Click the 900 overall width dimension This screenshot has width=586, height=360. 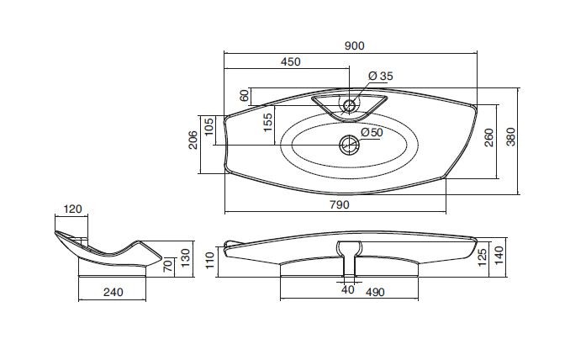click(354, 45)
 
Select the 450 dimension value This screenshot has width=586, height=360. click(290, 61)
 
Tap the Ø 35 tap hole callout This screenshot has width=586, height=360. click(381, 76)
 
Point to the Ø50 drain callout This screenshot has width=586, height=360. click(372, 132)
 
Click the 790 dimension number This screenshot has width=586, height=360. click(340, 204)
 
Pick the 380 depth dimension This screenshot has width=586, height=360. click(510, 137)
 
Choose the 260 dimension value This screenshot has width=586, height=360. click(488, 138)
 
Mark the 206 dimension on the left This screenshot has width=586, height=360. click(193, 140)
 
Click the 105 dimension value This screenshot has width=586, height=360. click(209, 127)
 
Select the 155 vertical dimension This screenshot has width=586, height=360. click(268, 123)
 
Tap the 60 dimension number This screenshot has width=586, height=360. click(245, 96)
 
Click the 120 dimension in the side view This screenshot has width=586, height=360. click(72, 209)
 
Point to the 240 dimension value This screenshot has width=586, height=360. click(113, 292)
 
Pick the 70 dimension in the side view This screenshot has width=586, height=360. click(168, 266)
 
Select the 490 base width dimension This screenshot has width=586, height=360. click(374, 292)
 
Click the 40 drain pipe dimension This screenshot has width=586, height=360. click(347, 289)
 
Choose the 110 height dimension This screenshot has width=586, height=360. click(209, 260)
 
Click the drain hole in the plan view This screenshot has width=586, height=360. click(350, 145)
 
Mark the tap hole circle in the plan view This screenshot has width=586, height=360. click(350, 106)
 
